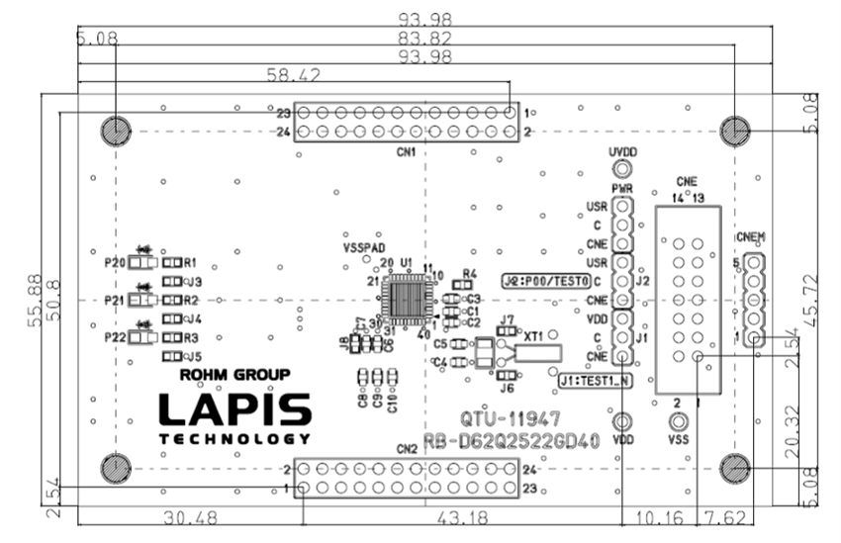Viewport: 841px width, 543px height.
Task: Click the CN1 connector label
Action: (x=406, y=153)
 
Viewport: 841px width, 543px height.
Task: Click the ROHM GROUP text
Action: (x=234, y=376)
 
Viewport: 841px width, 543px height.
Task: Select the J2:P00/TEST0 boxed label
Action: (x=546, y=281)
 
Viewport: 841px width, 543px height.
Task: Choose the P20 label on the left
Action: (x=114, y=263)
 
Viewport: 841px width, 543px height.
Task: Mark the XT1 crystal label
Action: (x=537, y=336)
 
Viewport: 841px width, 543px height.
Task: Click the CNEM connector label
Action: (x=751, y=238)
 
